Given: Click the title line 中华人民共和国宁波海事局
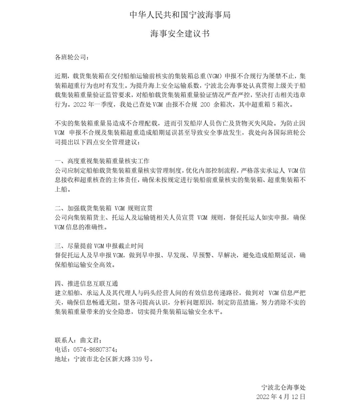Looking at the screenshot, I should click(x=180, y=15).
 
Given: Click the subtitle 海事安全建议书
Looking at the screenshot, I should click(x=180, y=34).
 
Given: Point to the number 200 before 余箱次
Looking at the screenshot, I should click(x=205, y=104).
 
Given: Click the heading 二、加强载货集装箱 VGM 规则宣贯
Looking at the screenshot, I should click(x=104, y=208).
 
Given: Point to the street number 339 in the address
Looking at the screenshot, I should click(x=138, y=359).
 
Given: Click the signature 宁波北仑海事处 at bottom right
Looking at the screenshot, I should click(x=283, y=387).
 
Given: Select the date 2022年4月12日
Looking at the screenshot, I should click(x=281, y=397).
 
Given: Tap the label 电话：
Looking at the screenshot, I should click(x=63, y=350).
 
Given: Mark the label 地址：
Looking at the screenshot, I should click(x=63, y=359).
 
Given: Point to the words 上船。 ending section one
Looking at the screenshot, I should click(x=63, y=189).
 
